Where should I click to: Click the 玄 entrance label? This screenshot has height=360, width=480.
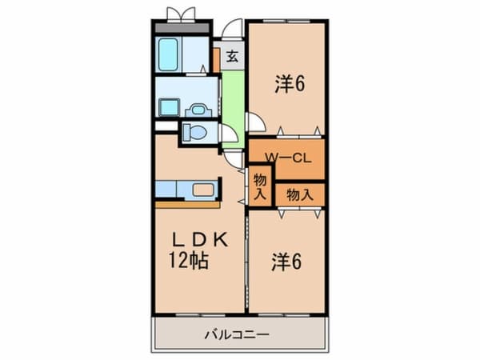tap(232, 58)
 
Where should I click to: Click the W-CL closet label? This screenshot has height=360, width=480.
tap(286, 158)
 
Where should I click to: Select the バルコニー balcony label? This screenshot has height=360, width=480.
tap(239, 334)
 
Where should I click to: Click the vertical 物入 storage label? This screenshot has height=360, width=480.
tap(260, 186)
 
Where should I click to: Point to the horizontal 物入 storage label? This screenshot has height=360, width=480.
tap(299, 194)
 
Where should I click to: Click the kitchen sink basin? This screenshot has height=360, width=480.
tap(202, 190)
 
